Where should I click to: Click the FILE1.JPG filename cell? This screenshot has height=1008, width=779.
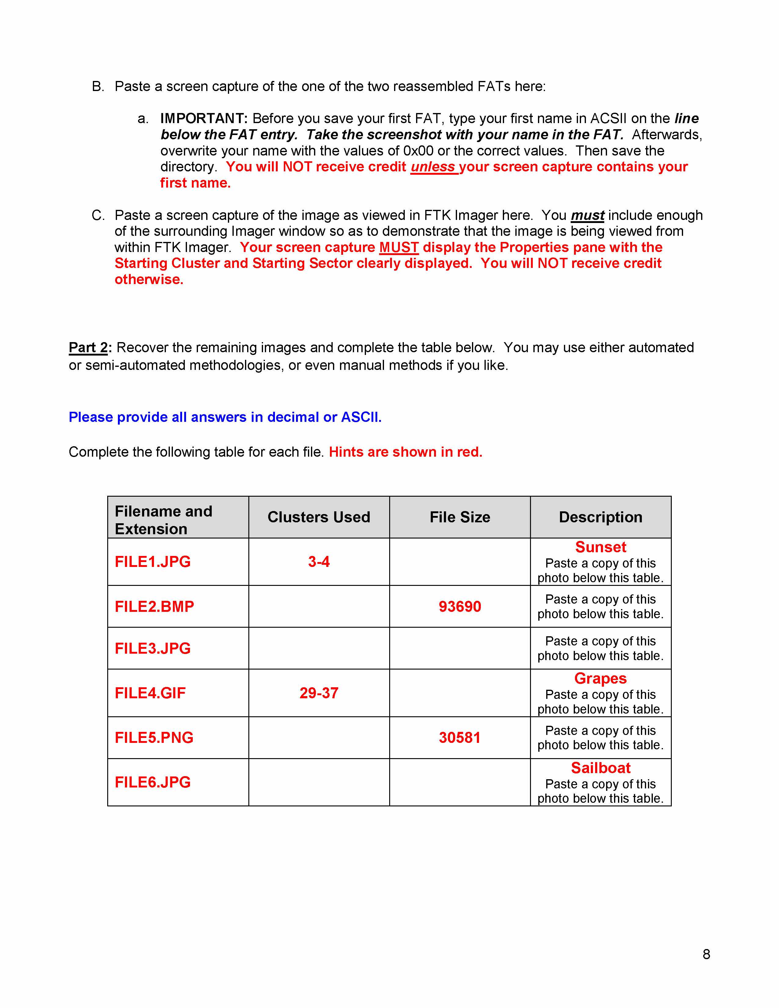152,562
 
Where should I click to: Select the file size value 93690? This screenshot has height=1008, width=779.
460,606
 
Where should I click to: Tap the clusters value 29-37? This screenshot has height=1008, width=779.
319,693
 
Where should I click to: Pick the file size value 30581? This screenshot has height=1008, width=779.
460,738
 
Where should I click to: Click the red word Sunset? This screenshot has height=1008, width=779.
600,547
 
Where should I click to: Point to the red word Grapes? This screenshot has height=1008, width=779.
600,678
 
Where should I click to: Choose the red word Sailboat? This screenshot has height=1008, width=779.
600,768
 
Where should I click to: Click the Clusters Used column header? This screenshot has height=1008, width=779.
319,517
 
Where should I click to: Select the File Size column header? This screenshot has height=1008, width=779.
460,517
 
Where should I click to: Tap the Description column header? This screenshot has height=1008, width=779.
600,517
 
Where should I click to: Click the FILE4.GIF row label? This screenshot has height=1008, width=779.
150,693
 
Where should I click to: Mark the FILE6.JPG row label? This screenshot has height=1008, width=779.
152,782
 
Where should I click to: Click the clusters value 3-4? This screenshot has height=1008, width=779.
319,562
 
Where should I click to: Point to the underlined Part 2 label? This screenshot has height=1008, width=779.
88,348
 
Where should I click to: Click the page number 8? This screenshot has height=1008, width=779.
706,954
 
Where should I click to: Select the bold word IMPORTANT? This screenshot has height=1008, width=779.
203,119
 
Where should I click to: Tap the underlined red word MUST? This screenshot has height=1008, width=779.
399,247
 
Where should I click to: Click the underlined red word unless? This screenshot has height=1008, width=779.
433,166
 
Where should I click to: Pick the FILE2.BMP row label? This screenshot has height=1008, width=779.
154,606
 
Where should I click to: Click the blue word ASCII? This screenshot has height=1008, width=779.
361,417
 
